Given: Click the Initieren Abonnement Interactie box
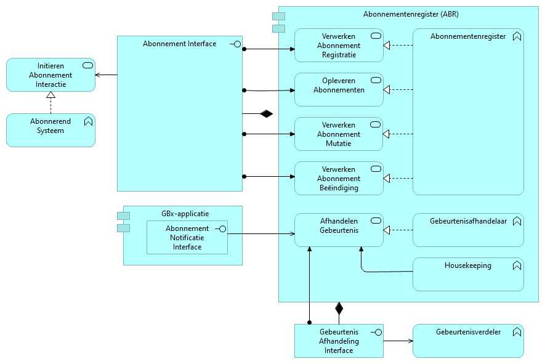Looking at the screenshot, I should (x=50, y=75).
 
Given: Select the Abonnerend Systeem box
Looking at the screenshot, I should (x=50, y=130).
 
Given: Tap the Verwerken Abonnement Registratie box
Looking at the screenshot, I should (x=339, y=46).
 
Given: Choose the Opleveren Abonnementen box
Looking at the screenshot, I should (x=339, y=89).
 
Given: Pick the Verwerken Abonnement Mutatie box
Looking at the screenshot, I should (x=339, y=134).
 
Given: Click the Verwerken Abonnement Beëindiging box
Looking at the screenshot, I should (x=339, y=178).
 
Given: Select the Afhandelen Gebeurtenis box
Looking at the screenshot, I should (x=339, y=230).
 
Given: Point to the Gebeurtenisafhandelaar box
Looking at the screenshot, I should (x=468, y=230).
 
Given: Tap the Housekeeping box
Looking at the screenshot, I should (x=468, y=274).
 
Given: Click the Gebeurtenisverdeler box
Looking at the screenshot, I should (x=468, y=341).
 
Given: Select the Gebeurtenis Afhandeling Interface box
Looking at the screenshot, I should (x=339, y=341).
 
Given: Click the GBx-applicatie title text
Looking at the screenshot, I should (x=185, y=214).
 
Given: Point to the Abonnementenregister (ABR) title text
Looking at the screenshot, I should (x=411, y=14).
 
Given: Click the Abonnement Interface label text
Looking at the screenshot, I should (x=179, y=44).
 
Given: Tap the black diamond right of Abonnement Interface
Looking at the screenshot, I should (x=266, y=113).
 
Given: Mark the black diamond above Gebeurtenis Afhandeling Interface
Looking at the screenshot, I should (x=339, y=308).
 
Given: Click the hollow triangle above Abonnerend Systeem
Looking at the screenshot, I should (x=51, y=95).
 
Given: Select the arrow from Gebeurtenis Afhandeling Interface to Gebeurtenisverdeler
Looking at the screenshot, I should (x=398, y=341).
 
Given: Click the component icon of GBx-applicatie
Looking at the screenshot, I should (x=123, y=222).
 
